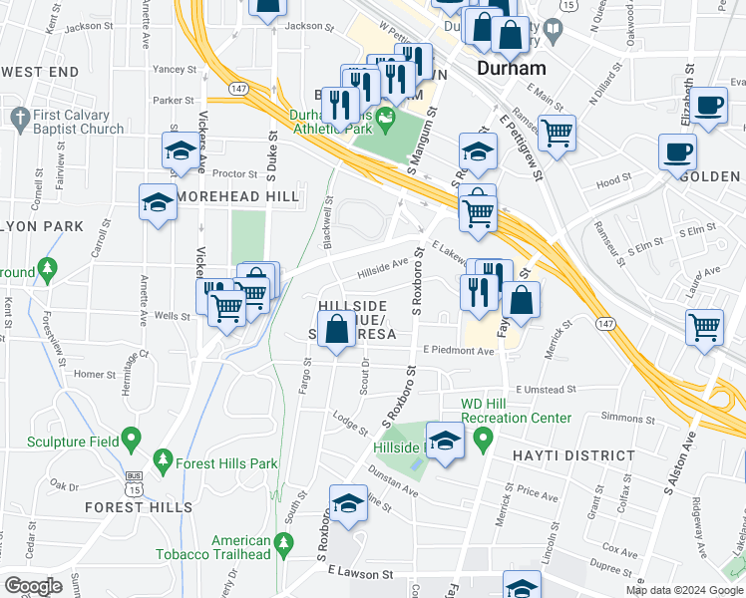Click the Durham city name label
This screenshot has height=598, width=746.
tap(512, 70)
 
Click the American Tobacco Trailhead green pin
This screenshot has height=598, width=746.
tap(284, 542)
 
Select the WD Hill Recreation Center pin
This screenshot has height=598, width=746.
tap(484, 438)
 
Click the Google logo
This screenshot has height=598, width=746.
tap(34, 586)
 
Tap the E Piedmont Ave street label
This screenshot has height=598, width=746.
tap(459, 350)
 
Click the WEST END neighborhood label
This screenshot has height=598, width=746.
tap(40, 73)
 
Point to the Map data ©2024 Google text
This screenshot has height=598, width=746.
tap(684, 590)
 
